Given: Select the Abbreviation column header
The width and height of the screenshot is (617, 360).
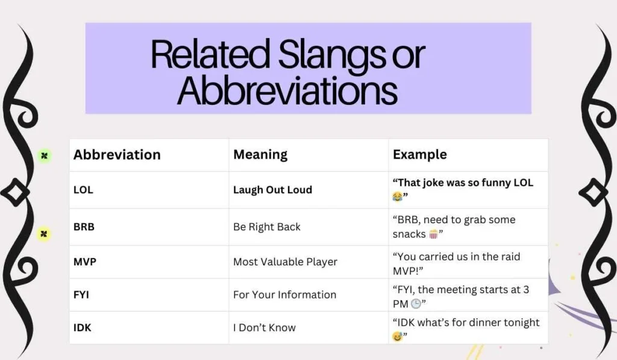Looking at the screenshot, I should tap(117, 155).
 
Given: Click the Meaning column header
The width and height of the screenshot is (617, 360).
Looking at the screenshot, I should tap(260, 155).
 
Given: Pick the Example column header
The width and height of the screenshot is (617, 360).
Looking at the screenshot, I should tap(419, 155).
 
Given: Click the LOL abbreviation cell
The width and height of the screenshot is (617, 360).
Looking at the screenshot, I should tap(83, 190).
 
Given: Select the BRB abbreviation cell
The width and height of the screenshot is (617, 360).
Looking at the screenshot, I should tap(84, 227).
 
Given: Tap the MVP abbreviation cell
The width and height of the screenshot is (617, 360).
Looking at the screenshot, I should tap(84, 262).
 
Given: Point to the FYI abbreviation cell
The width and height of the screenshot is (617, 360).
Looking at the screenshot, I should tap(82, 295).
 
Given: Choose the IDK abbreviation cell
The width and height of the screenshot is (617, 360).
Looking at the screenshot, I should tap(83, 328).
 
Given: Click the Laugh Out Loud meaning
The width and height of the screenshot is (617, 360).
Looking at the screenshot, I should tap(272, 190).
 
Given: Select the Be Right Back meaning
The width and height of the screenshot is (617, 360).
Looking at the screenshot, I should tap(266, 227).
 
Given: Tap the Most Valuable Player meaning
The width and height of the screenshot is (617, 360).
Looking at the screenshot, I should tap(285, 262).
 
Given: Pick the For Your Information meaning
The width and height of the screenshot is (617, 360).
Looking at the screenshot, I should tap(284, 295).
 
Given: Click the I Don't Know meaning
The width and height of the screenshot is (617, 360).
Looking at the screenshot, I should tap(264, 328).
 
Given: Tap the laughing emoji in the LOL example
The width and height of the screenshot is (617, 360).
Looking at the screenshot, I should tap(398, 197).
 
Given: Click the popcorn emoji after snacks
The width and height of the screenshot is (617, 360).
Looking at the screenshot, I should tap(433, 234).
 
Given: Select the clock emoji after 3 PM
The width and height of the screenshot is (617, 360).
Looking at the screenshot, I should tap(416, 305).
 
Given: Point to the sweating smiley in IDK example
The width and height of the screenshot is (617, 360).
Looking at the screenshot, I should tap(398, 336).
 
